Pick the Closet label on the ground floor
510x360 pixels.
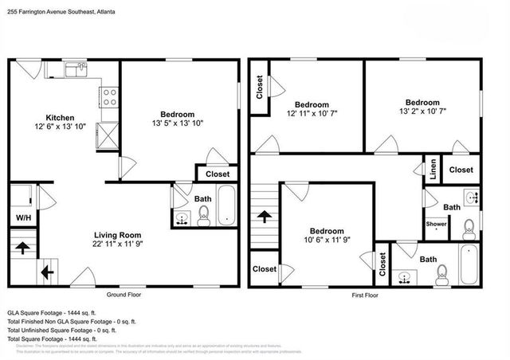[218, 174]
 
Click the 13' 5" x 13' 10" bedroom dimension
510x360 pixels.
[178, 123]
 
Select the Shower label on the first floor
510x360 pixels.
[435, 225]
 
